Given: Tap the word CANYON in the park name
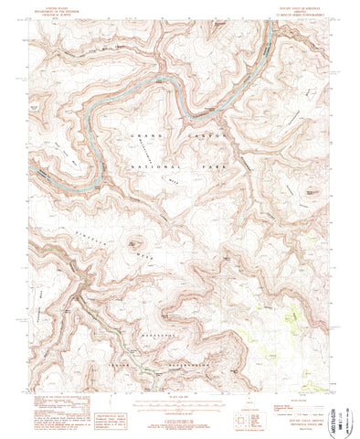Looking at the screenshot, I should tap(200, 136).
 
